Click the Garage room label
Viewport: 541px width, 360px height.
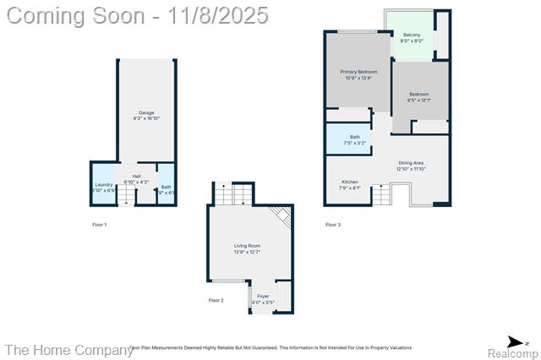tap(147, 112)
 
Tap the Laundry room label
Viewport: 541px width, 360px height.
tap(104, 184)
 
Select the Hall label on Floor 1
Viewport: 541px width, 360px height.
tap(136, 176)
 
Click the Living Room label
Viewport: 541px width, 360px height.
tap(247, 246)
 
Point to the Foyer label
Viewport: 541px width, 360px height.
tap(263, 296)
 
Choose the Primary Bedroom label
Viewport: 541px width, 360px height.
tap(358, 72)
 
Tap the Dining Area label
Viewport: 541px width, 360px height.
tap(410, 162)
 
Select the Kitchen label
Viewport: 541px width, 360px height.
tap(350, 182)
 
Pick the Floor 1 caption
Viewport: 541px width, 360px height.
tap(99, 224)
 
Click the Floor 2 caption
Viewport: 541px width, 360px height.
tap(216, 300)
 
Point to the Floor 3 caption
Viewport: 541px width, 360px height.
tap(333, 224)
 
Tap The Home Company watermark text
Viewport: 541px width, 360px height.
tap(68, 349)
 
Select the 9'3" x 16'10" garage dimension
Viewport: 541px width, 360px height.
tap(147, 119)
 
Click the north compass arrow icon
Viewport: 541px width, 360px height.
tap(517, 341)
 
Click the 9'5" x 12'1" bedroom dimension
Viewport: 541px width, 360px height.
tap(418, 101)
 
